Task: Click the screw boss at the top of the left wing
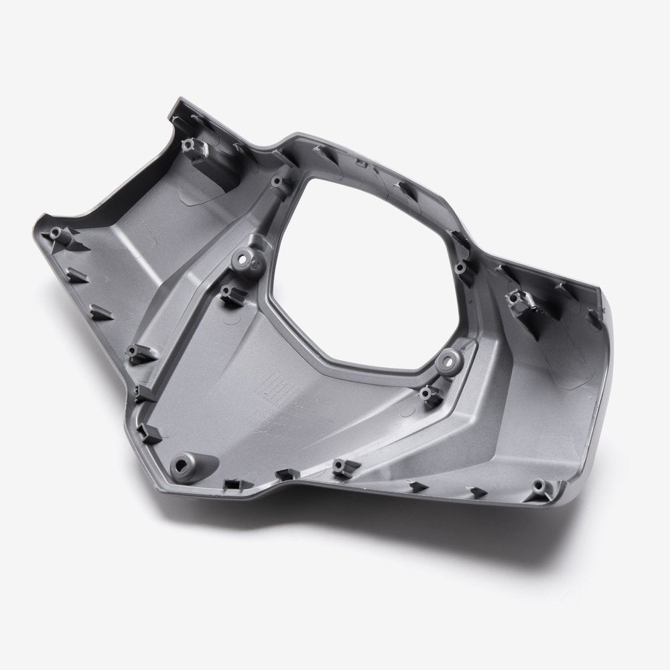(190, 144)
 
